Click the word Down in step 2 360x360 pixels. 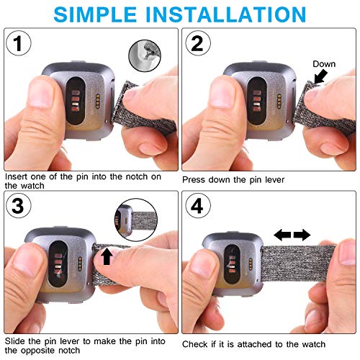324,64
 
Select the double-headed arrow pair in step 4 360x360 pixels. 292,235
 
